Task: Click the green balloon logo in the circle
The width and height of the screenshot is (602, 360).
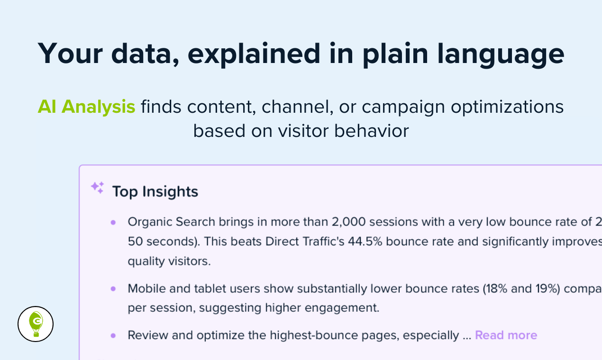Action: (x=36, y=324)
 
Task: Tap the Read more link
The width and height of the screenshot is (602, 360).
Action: (x=506, y=335)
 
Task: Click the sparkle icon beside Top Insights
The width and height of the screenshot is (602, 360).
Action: (x=97, y=188)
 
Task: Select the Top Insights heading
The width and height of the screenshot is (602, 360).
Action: (x=155, y=192)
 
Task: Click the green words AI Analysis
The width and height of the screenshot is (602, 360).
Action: (x=86, y=107)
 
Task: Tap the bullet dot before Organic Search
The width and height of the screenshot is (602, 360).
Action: (x=113, y=222)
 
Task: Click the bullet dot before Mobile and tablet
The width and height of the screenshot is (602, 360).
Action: (x=113, y=288)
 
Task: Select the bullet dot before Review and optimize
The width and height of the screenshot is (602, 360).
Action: (x=113, y=335)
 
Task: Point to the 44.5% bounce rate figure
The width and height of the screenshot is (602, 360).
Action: (x=366, y=241)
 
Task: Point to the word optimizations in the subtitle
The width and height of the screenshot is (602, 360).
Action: (x=507, y=107)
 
